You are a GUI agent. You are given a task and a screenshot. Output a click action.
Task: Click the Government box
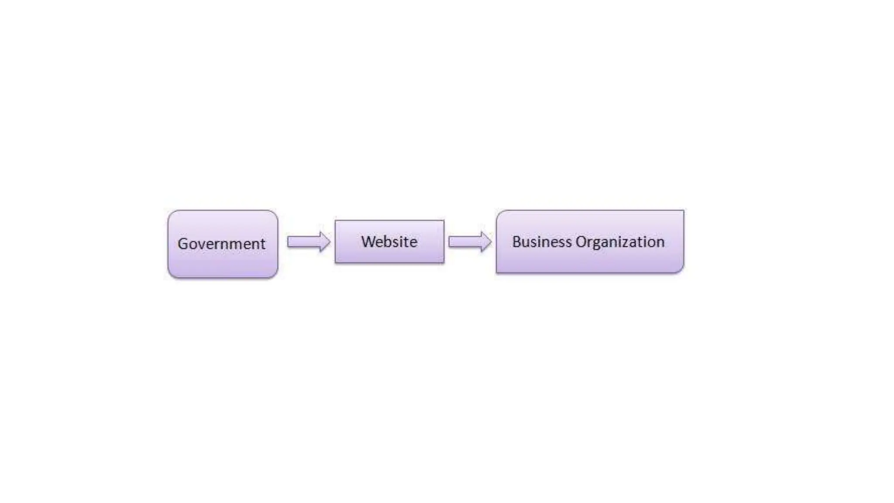(223, 262)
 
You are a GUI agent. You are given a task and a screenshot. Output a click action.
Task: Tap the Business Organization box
(590, 260)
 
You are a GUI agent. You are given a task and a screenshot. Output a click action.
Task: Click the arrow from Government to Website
(308, 241)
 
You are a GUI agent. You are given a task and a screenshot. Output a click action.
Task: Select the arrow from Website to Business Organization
(470, 241)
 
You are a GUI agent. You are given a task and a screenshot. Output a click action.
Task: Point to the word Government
(221, 244)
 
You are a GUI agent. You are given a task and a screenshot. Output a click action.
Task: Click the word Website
(389, 241)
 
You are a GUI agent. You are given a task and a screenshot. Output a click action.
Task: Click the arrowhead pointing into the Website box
(325, 241)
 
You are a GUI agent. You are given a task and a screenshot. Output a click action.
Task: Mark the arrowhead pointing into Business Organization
(486, 241)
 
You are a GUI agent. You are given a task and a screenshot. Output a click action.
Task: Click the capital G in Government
(183, 244)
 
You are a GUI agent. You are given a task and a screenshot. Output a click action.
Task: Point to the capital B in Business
(516, 241)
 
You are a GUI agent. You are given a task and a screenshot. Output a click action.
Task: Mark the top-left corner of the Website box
(336, 221)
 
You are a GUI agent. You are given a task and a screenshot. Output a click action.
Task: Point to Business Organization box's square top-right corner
(683, 211)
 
